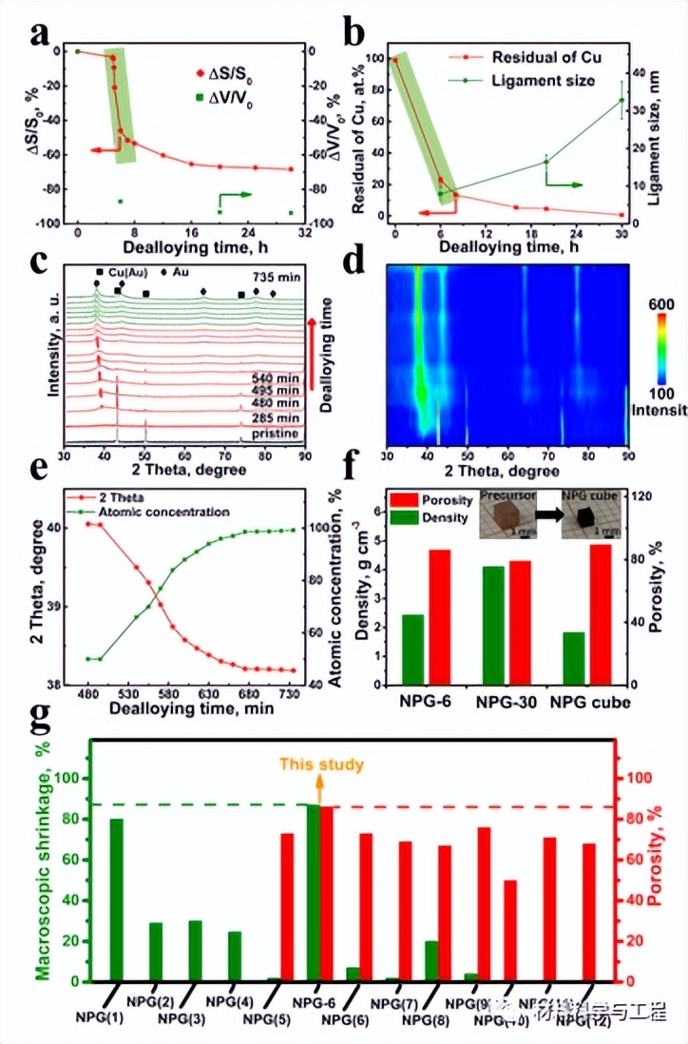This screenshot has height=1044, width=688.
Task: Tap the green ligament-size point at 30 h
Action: coord(621,101)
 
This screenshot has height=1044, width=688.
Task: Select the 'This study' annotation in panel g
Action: coord(321,764)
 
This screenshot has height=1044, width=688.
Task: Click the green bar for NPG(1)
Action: coord(117,899)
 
